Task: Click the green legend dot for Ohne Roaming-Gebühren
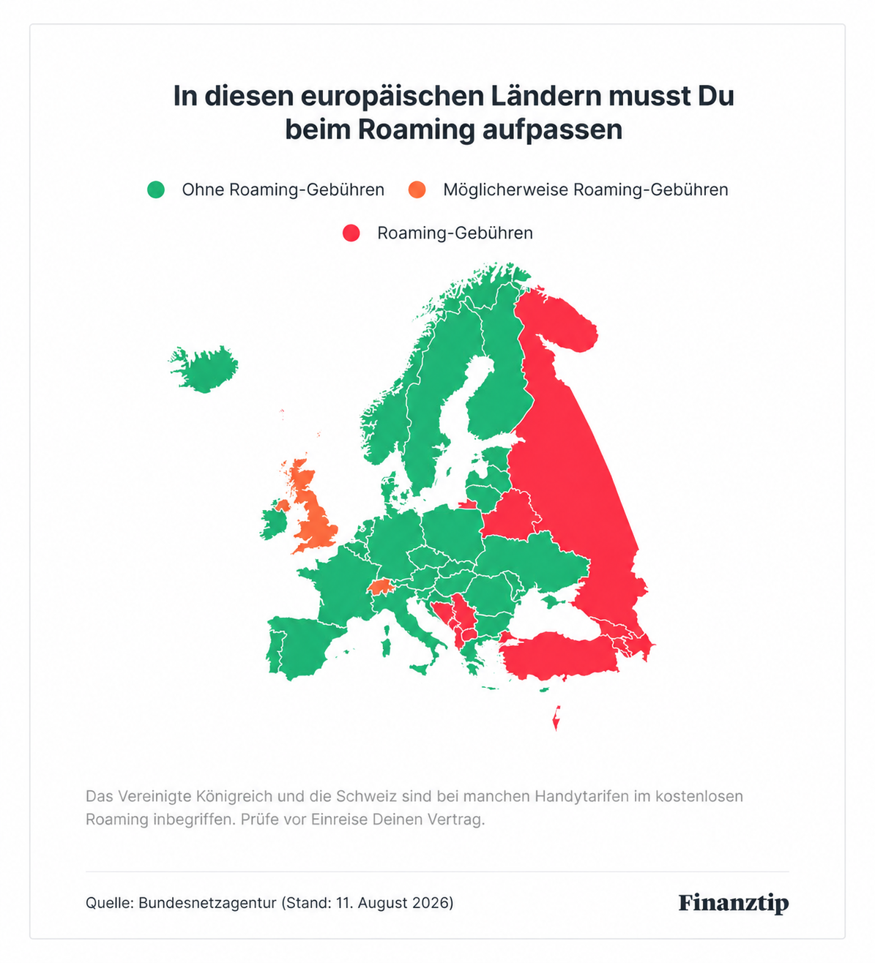pos(156,190)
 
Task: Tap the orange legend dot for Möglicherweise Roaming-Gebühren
pos(417,190)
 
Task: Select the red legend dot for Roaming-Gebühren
pos(351,233)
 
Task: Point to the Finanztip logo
pos(733,902)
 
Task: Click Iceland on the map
pos(204,369)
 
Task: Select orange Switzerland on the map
pos(381,585)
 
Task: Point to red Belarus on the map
pos(512,514)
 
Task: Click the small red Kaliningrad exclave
pos(467,504)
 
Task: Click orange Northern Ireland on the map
pos(283,506)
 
